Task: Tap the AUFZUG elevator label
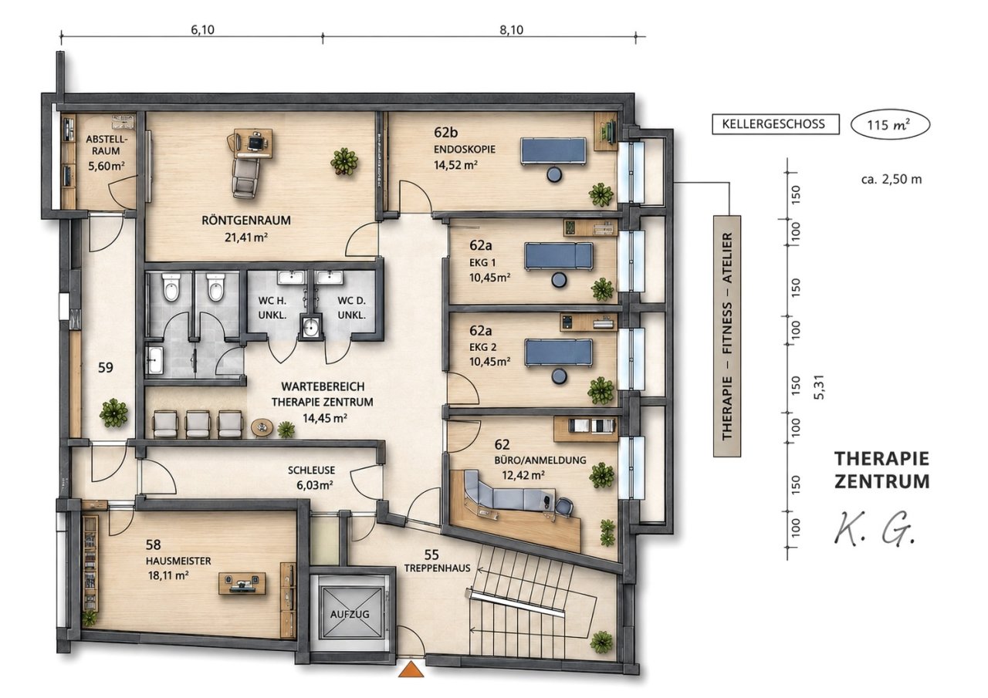[x=350, y=614]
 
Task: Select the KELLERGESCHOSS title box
[x=776, y=124]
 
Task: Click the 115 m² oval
[x=890, y=125]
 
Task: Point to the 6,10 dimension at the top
[x=202, y=29]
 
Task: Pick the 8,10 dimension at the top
[x=511, y=29]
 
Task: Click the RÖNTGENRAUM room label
[x=246, y=220]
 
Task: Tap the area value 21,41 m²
[x=246, y=237]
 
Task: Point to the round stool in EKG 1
[x=559, y=280]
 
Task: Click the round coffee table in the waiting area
[x=262, y=428]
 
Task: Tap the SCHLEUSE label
[x=311, y=470]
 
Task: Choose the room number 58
[x=153, y=545]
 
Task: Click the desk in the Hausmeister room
[x=242, y=583]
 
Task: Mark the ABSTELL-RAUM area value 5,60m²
[x=106, y=166]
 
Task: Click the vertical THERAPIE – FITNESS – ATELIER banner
[x=727, y=336]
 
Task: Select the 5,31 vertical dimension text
[x=819, y=387]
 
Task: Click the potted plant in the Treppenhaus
[x=601, y=642]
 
